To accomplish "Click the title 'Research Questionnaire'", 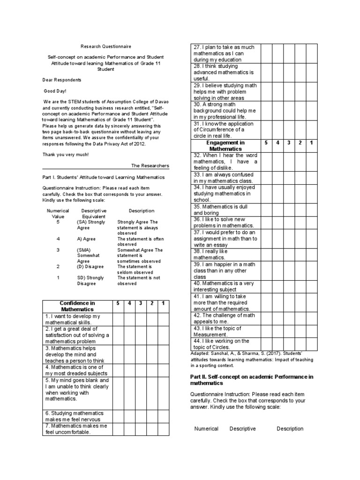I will click(106, 46).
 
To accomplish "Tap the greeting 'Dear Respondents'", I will click(61, 80).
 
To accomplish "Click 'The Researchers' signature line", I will click(150, 165).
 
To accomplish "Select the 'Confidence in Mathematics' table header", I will click(77, 306).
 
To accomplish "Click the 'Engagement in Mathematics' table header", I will click(226, 145).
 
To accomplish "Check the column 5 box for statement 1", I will click(118, 319).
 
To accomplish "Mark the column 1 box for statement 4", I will click(163, 370).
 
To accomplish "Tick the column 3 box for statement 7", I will click(140, 429).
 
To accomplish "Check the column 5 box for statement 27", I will click(267, 53).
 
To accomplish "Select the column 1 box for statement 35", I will click(312, 210).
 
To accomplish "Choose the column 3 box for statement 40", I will click(289, 286).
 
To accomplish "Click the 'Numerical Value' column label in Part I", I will click(58, 214).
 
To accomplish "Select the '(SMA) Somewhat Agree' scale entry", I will click(86, 256).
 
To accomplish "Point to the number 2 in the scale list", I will click(58, 266).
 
